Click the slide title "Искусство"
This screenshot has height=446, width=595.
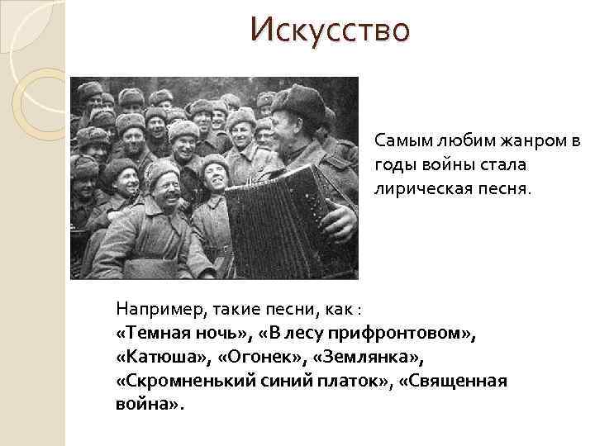[331, 31]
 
